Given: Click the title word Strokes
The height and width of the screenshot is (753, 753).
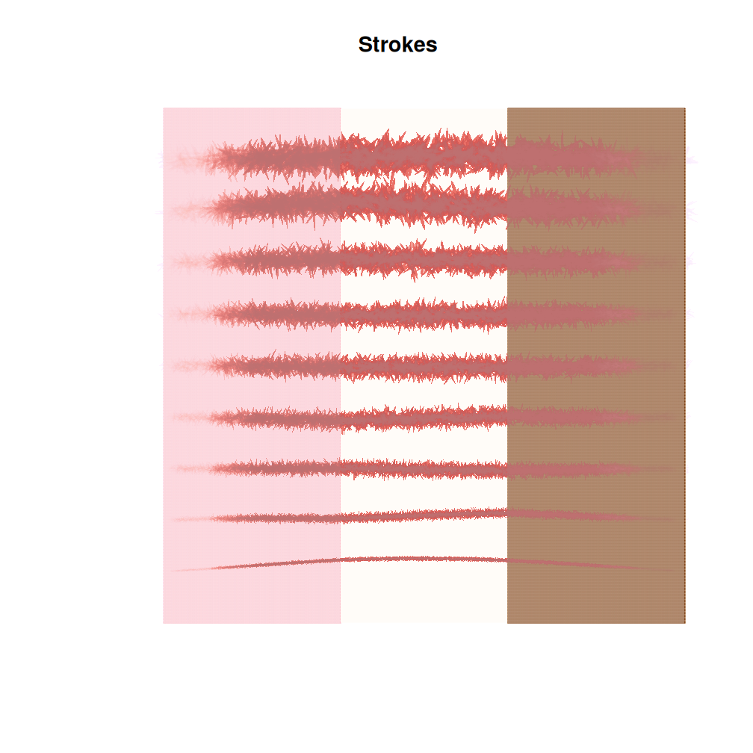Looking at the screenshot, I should [x=397, y=45].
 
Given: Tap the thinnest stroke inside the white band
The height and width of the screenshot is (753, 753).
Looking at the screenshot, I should [x=424, y=559].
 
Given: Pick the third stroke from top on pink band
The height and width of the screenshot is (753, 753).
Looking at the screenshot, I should [x=269, y=261].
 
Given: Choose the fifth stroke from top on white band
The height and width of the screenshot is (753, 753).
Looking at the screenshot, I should [x=424, y=366].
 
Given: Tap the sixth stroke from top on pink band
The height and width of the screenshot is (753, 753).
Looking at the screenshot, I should [x=269, y=417].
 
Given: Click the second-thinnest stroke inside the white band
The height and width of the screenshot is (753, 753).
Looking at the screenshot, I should [x=424, y=515].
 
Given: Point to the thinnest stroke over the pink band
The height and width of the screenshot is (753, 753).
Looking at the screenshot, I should [x=269, y=564].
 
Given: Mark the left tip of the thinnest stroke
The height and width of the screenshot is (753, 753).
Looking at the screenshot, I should [x=175, y=571].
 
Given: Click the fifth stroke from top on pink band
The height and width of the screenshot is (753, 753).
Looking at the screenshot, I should [x=269, y=366].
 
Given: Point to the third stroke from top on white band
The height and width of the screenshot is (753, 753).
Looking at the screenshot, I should [x=424, y=259].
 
